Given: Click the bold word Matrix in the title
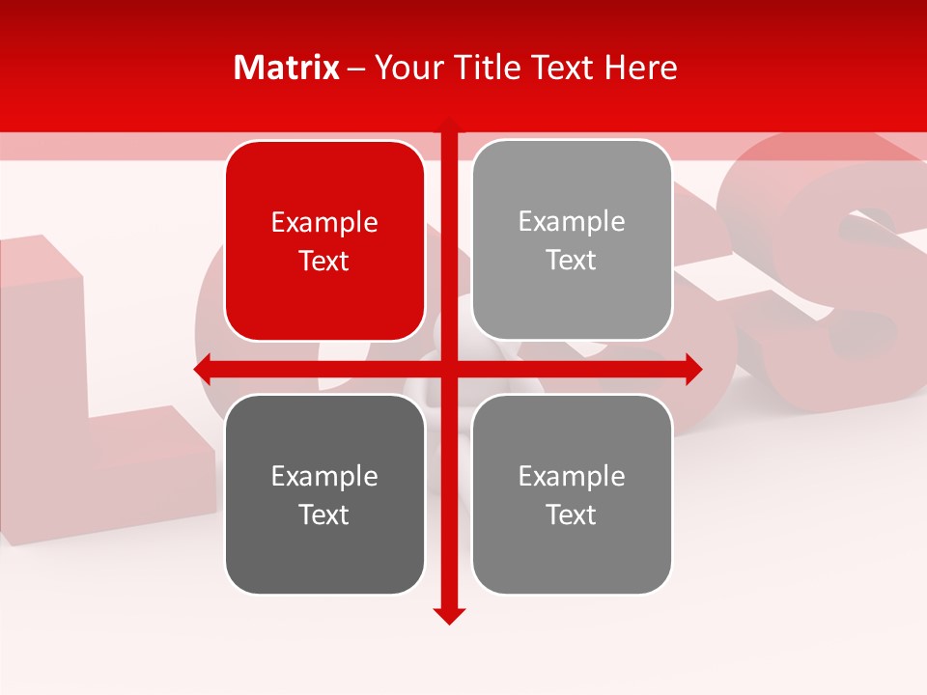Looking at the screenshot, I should click(x=287, y=68).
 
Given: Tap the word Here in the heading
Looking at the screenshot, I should click(x=640, y=68).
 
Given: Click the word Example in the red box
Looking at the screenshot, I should click(x=324, y=223).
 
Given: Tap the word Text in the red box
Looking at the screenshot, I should click(x=324, y=262).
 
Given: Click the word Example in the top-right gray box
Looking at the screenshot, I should click(x=572, y=222).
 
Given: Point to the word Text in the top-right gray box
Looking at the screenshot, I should click(x=572, y=261).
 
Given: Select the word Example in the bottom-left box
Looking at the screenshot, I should click(x=324, y=476).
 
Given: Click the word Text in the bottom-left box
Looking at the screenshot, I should click(x=324, y=514).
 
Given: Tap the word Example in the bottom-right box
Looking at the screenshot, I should click(x=572, y=476).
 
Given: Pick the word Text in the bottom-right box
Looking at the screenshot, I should click(x=572, y=514).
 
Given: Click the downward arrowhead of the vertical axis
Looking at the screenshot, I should click(x=449, y=615).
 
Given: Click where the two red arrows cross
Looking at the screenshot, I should click(x=449, y=369).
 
